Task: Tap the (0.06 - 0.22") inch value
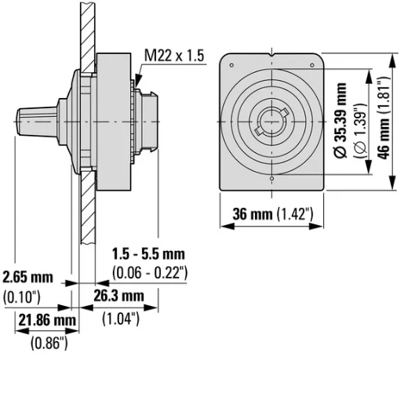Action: pyautogui.click(x=150, y=272)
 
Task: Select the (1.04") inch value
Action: pyautogui.click(x=121, y=318)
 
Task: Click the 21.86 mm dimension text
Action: pyautogui.click(x=47, y=321)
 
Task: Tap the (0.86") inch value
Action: pyautogui.click(x=49, y=342)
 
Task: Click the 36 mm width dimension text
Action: pyautogui.click(x=250, y=214)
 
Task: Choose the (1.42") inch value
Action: pyautogui.click(x=298, y=214)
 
